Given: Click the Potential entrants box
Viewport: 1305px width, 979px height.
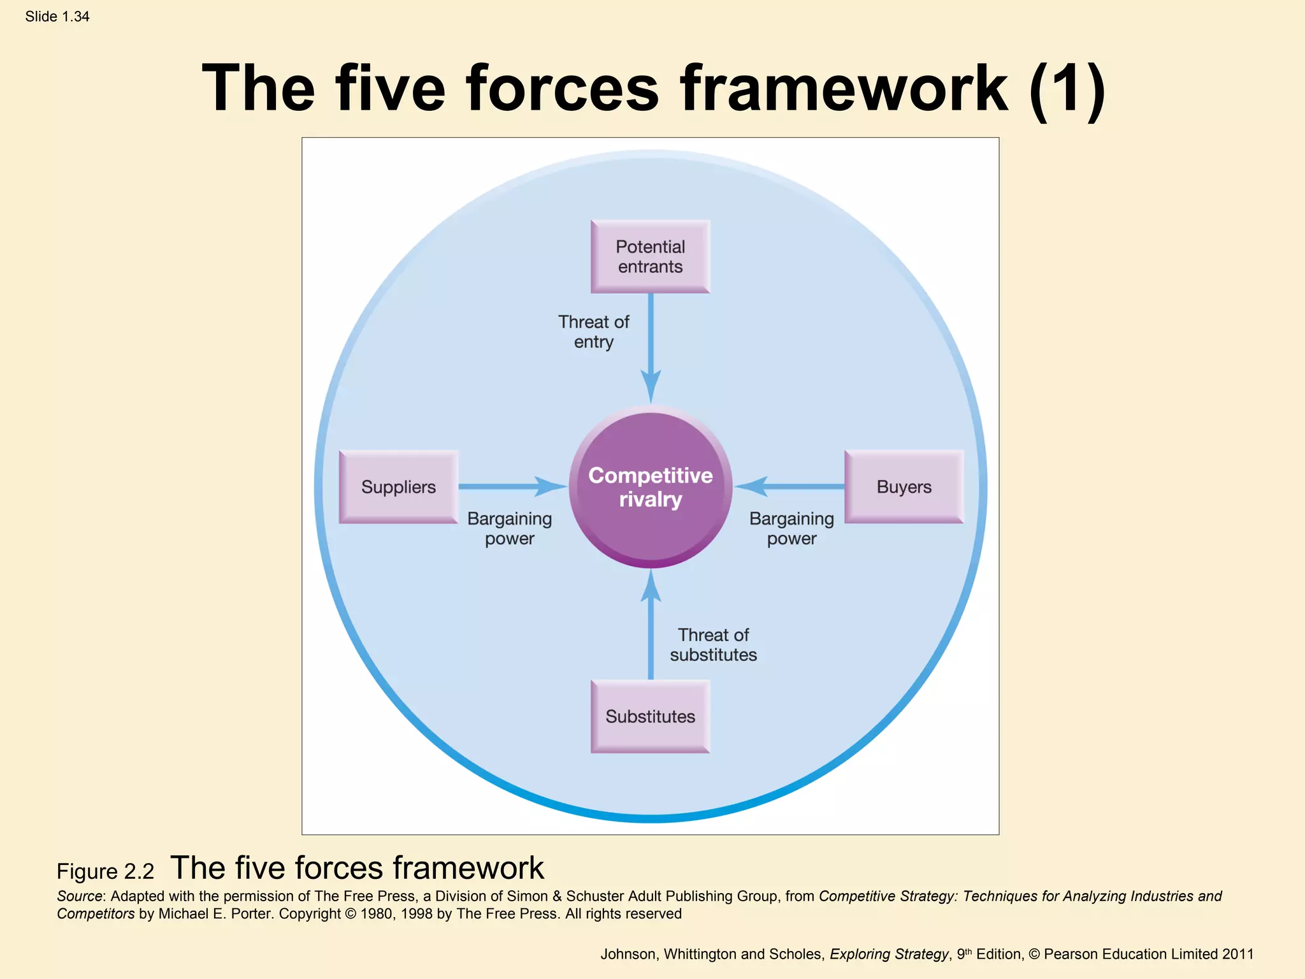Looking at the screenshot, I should click(x=650, y=257).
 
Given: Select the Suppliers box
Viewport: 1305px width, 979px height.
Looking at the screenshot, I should click(x=398, y=487).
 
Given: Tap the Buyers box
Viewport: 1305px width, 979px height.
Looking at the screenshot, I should click(x=904, y=487).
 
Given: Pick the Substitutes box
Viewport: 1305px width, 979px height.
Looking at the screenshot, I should click(x=650, y=716).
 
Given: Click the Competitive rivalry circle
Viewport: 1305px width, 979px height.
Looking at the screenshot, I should click(x=650, y=488).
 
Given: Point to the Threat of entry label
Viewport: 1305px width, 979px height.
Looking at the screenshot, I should click(x=593, y=331).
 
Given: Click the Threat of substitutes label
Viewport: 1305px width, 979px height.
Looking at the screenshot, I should click(x=713, y=644).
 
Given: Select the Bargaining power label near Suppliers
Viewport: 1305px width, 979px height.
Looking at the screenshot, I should click(x=509, y=528).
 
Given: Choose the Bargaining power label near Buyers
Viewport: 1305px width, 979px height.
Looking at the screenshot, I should click(x=791, y=528).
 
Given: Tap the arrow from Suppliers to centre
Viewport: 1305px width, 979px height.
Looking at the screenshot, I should click(x=510, y=486).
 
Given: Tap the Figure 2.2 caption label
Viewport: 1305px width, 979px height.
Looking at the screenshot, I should click(x=105, y=871).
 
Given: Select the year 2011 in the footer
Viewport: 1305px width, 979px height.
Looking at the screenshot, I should click(x=1237, y=954).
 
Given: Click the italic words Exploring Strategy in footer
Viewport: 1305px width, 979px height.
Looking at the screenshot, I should click(x=889, y=954).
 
